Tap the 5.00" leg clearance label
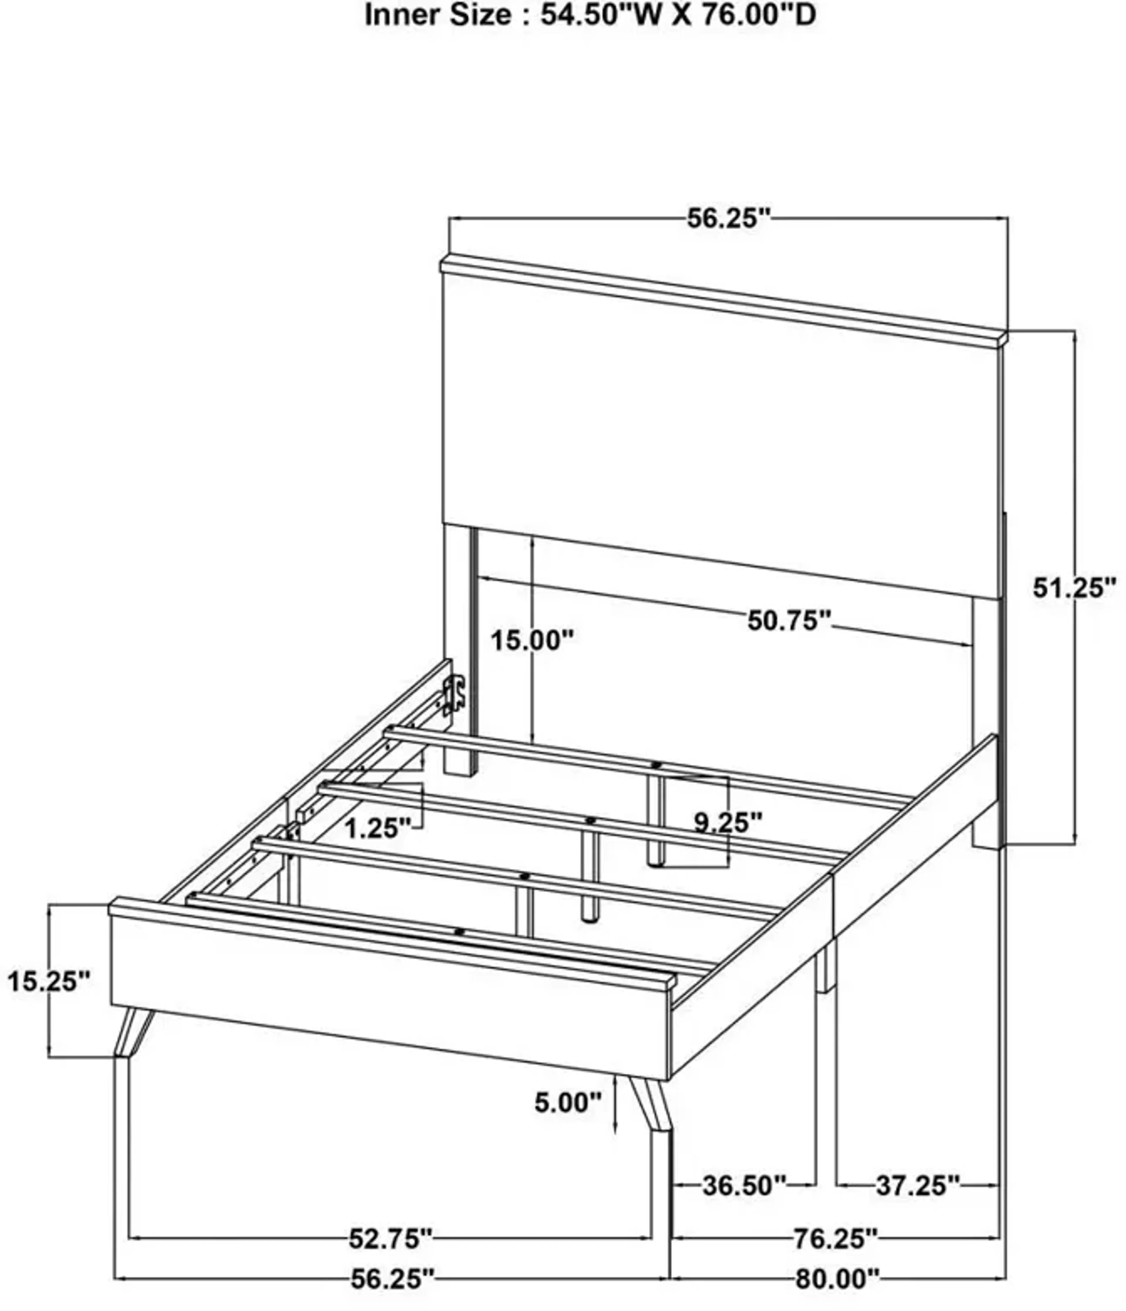pos(567,1103)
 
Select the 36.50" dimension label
pos(745,1185)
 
